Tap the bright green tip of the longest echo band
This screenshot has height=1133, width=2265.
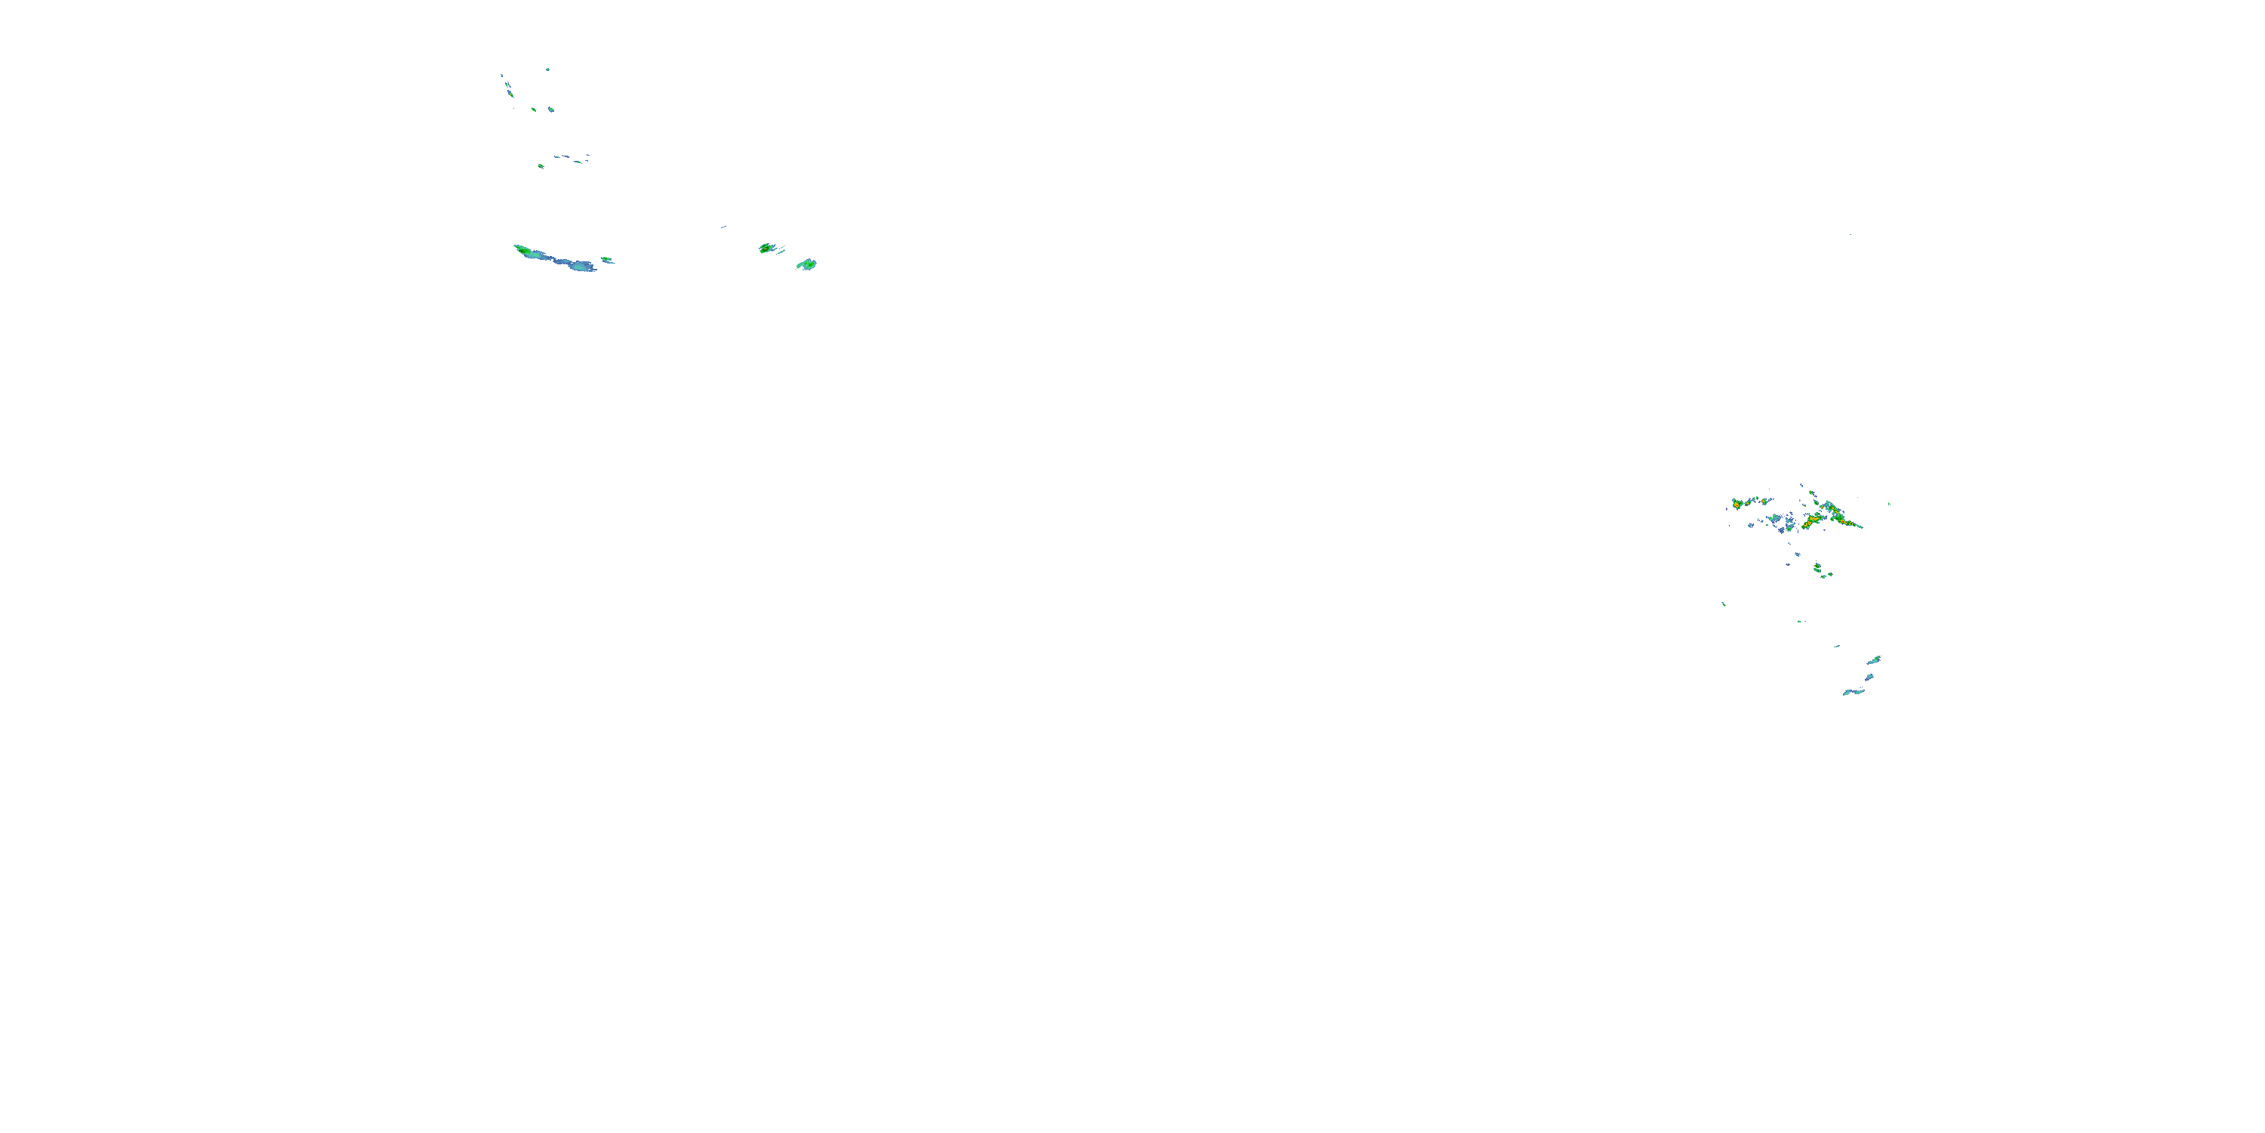(523, 251)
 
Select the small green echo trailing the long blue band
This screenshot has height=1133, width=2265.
(607, 260)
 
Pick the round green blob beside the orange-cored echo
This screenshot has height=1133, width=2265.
(807, 264)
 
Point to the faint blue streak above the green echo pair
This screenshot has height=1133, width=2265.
(723, 227)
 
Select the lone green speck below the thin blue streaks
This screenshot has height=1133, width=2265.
(540, 165)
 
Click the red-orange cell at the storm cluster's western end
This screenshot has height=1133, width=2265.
(1737, 504)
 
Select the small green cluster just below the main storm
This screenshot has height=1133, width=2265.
(1818, 569)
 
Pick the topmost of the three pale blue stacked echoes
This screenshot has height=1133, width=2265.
(1874, 659)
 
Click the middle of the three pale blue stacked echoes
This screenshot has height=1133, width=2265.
(1869, 678)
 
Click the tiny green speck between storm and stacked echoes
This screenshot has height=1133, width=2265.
(1801, 621)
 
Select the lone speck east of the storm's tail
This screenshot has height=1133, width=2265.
(1890, 504)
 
